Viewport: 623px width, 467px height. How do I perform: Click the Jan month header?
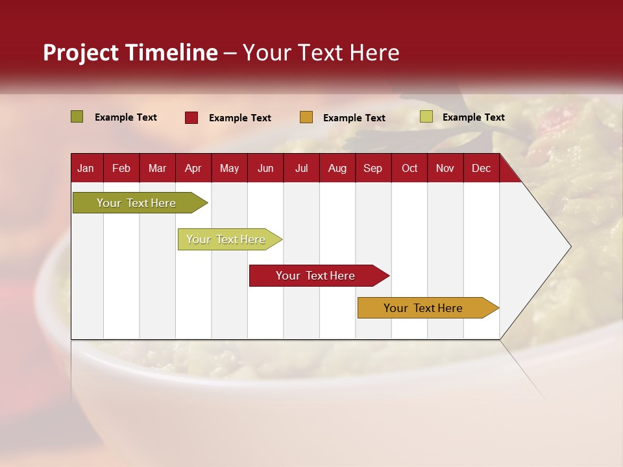click(x=86, y=169)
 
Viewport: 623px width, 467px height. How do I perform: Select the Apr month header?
click(x=193, y=169)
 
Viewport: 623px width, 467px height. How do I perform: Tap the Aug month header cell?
click(x=337, y=169)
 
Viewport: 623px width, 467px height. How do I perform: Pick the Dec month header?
click(x=481, y=169)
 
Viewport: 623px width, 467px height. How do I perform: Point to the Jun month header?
click(x=265, y=169)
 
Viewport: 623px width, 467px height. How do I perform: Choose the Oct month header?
click(x=409, y=169)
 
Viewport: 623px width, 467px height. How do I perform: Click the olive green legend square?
click(x=77, y=117)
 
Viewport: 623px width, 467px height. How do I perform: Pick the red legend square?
click(x=191, y=117)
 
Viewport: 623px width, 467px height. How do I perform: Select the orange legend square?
click(x=306, y=117)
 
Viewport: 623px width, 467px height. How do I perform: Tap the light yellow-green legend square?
click(x=426, y=117)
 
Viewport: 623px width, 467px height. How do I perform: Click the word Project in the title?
click(x=80, y=53)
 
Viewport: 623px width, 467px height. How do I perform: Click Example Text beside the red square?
click(x=240, y=118)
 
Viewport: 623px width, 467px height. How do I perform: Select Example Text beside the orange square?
click(x=354, y=118)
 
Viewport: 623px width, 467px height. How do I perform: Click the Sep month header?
click(x=373, y=169)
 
